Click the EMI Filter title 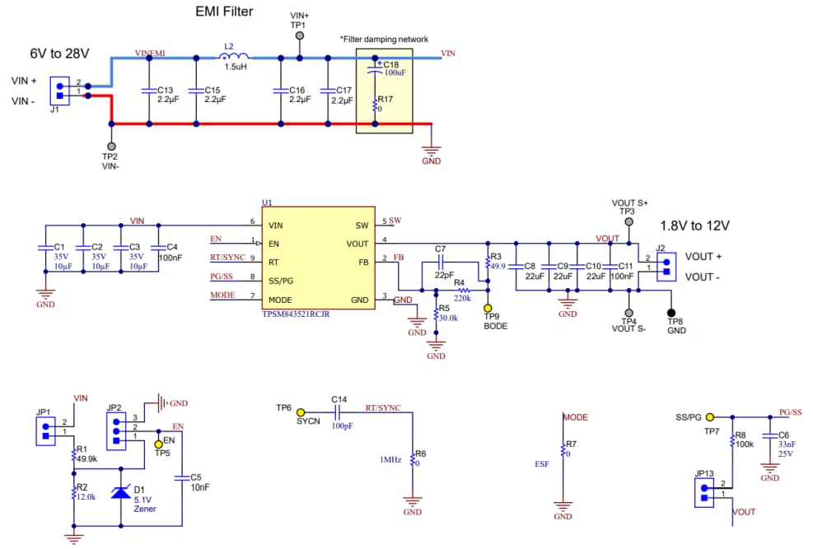tap(223, 12)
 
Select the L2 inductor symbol tap(233, 57)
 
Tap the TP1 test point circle tap(299, 36)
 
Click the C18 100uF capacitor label tap(393, 68)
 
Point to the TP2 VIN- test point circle tap(111, 145)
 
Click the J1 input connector tap(60, 88)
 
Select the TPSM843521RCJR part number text tap(296, 314)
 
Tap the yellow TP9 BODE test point tap(488, 307)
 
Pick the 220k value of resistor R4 tap(462, 298)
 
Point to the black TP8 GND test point tap(671, 313)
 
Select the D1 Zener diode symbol tap(120, 492)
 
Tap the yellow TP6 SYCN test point tap(301, 412)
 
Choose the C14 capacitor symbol tap(337, 412)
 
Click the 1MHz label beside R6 tap(390, 459)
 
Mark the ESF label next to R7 tap(541, 463)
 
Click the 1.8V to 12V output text tap(695, 225)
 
